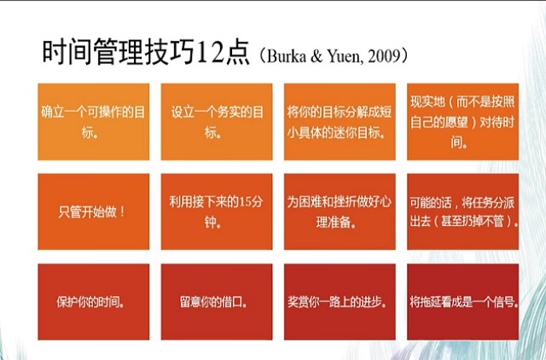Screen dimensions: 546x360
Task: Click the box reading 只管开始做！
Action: pos(93,212)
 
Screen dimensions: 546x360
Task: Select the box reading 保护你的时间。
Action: pos(93,301)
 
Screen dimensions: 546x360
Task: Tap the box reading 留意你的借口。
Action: pos(217,301)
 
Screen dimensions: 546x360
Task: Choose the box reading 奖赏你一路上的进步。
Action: pos(340,301)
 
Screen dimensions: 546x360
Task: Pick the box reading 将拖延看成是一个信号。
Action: pos(462,301)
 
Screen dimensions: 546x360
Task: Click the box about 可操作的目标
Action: pos(93,121)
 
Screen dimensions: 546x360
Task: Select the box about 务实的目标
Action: pos(217,121)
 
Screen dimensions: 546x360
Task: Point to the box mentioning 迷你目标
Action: pos(340,121)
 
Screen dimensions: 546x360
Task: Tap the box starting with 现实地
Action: pos(462,121)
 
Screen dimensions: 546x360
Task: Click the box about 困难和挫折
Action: pos(340,212)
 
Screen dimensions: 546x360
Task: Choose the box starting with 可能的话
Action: pos(462,212)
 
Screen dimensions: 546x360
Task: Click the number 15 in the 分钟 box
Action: pos(245,201)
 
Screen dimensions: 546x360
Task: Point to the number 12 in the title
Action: pos(210,53)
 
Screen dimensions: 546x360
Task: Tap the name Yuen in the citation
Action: pos(344,56)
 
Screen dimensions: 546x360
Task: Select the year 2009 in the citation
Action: pos(384,56)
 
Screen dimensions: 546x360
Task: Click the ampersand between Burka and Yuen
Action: pos(317,56)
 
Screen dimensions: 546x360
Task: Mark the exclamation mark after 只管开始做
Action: pos(122,211)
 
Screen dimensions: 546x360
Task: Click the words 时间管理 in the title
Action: pos(93,52)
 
